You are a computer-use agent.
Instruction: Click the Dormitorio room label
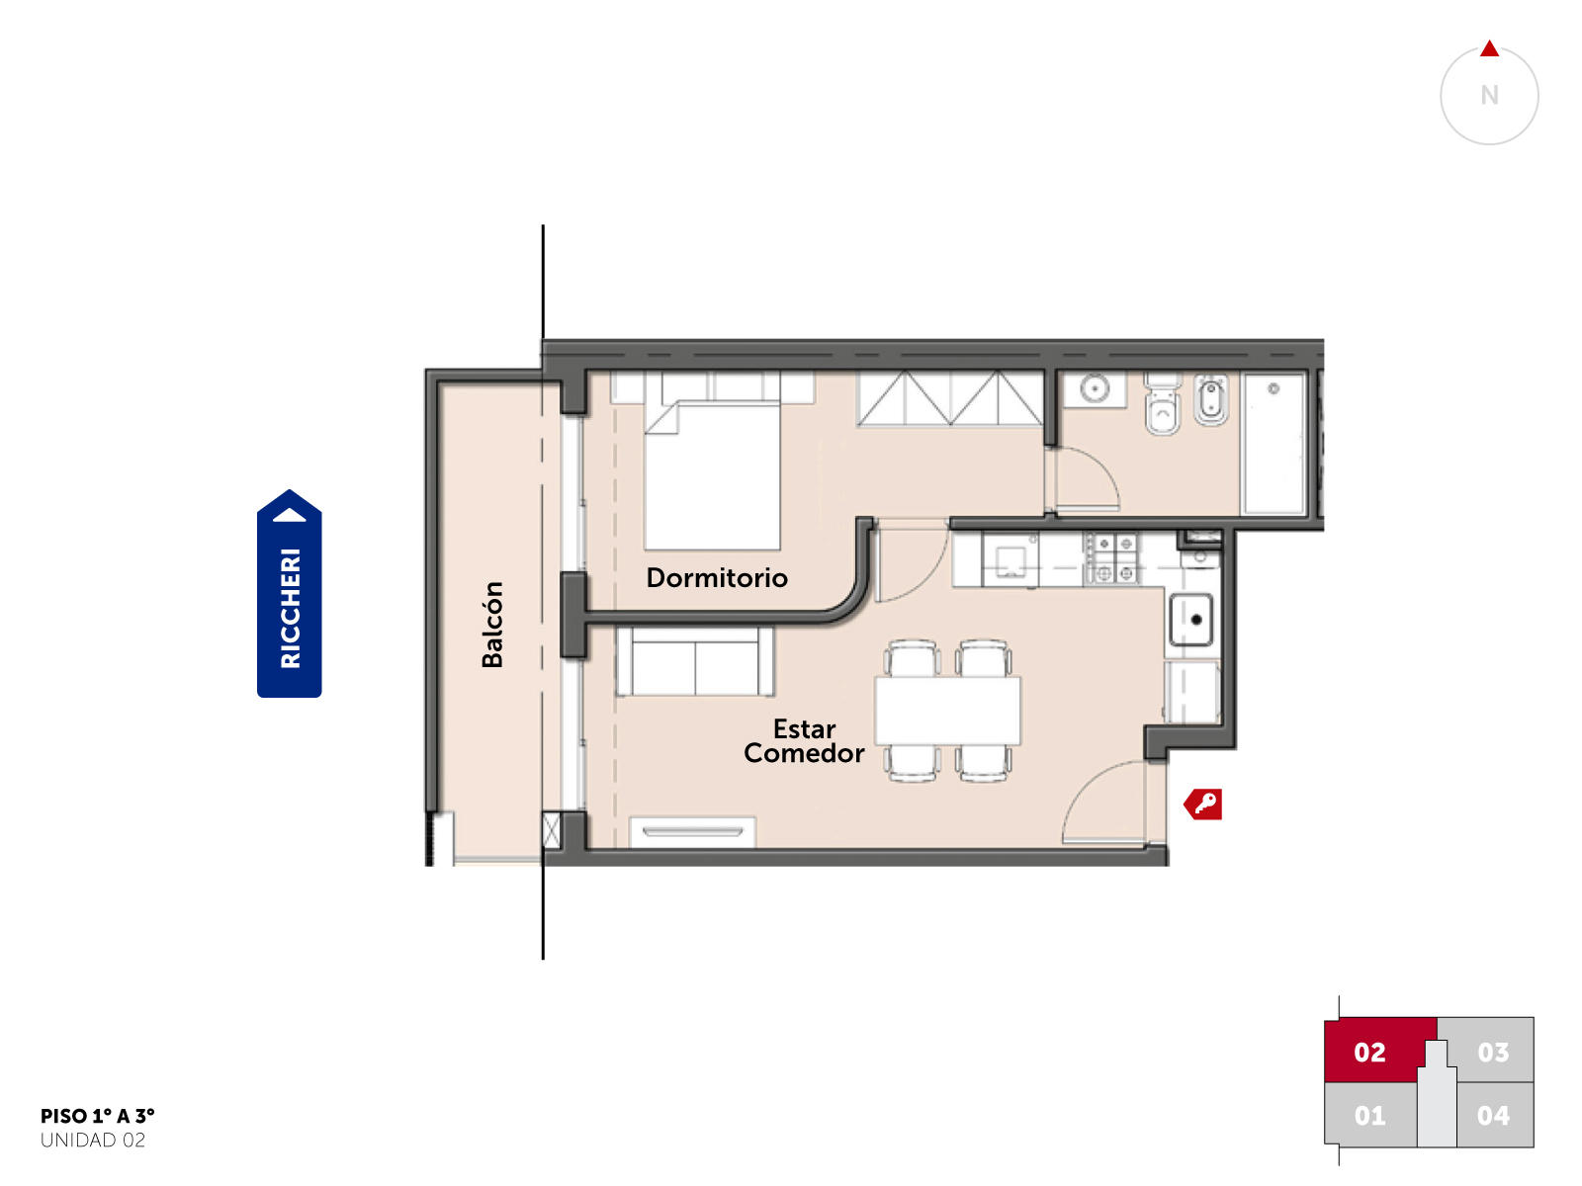pyautogui.click(x=716, y=577)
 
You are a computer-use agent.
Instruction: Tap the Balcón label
pyautogui.click(x=492, y=625)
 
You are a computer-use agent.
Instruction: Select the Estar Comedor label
pyautogui.click(x=804, y=741)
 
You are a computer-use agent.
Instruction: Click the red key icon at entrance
pyautogui.click(x=1202, y=804)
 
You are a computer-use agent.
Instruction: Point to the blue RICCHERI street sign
pyautogui.click(x=289, y=593)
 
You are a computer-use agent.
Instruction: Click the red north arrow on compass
pyautogui.click(x=1489, y=48)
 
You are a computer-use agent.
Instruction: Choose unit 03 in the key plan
pyautogui.click(x=1492, y=1052)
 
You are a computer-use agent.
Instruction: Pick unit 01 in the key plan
pyautogui.click(x=1369, y=1116)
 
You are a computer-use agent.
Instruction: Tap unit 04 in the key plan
pyautogui.click(x=1493, y=1116)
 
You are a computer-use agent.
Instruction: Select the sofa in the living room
pyautogui.click(x=695, y=661)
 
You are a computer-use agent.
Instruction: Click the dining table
pyautogui.click(x=947, y=711)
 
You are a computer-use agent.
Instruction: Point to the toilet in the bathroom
pyautogui.click(x=1163, y=404)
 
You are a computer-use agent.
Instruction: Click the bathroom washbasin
pyautogui.click(x=1095, y=389)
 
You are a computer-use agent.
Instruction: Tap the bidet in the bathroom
pyautogui.click(x=1211, y=399)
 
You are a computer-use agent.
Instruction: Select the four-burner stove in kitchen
pyautogui.click(x=1112, y=558)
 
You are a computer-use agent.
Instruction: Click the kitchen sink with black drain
pyautogui.click(x=1190, y=620)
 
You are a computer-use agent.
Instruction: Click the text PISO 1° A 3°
pyautogui.click(x=97, y=1116)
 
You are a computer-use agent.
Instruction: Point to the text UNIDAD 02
pyautogui.click(x=93, y=1141)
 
